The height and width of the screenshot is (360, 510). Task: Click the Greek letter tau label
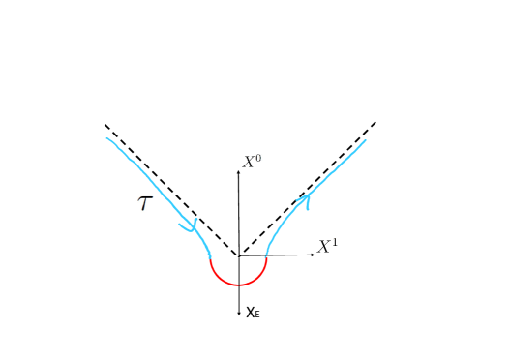point(145,203)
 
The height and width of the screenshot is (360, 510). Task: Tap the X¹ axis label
point(328,246)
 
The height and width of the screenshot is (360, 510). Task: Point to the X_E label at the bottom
point(253,312)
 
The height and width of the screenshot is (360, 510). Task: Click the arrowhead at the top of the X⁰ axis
point(238,170)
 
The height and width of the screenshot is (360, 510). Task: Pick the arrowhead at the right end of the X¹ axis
point(312,254)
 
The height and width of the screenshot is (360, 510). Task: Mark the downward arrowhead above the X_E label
point(238,313)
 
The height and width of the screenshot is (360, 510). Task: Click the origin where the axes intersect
point(238,255)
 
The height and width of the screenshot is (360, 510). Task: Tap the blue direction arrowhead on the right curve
point(307,200)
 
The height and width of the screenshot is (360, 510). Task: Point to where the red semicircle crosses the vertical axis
point(238,285)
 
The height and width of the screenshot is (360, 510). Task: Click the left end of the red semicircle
point(210,257)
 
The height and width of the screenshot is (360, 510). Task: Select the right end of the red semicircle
point(266,255)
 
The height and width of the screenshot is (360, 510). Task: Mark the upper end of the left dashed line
point(105,125)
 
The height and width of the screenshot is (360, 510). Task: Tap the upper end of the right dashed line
point(375,123)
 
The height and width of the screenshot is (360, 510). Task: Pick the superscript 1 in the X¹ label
point(335,241)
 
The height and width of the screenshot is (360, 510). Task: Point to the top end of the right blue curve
point(366,140)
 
